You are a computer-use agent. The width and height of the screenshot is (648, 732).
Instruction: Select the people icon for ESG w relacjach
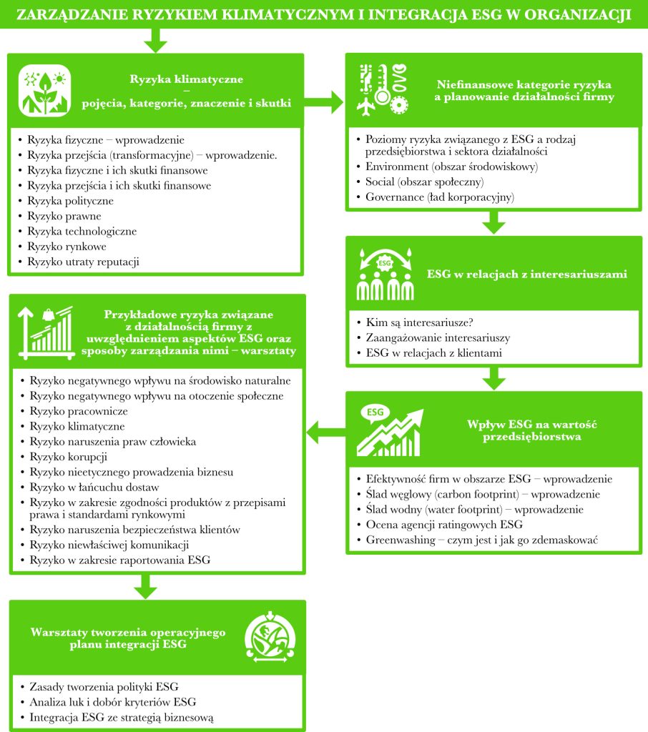pyautogui.click(x=385, y=274)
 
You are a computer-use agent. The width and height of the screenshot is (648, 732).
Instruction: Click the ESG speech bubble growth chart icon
pyautogui.click(x=387, y=431)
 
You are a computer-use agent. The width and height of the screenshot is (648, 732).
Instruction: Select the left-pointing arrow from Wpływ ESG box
pyautogui.click(x=323, y=431)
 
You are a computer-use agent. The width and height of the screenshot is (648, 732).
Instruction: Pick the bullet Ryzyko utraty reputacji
pyautogui.click(x=83, y=262)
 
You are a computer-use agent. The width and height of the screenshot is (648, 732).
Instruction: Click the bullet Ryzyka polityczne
pyautogui.click(x=70, y=201)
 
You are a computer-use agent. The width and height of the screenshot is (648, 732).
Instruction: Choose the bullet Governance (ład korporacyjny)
pyautogui.click(x=440, y=197)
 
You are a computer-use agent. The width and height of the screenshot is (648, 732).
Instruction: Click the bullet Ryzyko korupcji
pyautogui.click(x=69, y=456)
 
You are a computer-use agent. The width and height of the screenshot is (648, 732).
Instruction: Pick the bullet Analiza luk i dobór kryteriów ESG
pyautogui.click(x=112, y=701)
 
